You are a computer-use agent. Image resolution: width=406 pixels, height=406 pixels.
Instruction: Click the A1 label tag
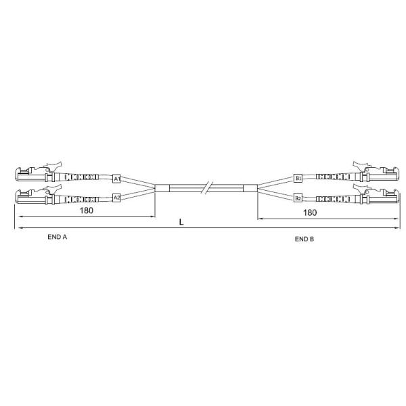point(117,179)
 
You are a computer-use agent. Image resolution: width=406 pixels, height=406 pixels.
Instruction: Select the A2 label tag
point(117,198)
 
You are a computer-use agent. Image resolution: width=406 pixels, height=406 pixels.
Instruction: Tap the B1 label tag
point(298,178)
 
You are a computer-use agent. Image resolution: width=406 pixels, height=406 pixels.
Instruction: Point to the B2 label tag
point(298,198)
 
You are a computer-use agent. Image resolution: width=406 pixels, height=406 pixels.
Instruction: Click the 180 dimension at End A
point(86,210)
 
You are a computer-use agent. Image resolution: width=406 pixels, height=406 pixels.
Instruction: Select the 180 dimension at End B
point(310,212)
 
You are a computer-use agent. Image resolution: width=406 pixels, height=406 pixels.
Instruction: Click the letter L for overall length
point(181,222)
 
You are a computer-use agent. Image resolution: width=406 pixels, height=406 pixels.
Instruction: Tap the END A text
point(58,237)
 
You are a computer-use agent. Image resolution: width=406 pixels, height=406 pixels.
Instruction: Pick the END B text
point(304,239)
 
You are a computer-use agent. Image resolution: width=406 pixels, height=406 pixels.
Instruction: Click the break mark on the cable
point(207,187)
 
